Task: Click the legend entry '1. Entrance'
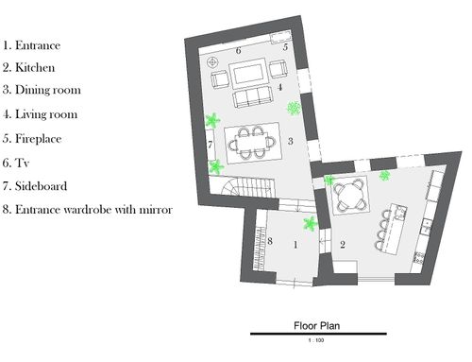coord(31,45)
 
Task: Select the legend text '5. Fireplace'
coord(32,139)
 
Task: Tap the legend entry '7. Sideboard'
coord(35,186)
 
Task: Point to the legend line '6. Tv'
coord(16,163)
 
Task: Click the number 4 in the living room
coord(279,87)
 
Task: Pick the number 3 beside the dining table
coord(291,141)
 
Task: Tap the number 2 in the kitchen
coord(343,245)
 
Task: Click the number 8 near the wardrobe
coord(270,241)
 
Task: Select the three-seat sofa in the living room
coord(252,97)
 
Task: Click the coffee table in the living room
coord(247,74)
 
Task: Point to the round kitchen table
coord(349,196)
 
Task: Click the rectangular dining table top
coord(253,144)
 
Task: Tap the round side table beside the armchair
coord(213,62)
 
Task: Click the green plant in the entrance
coord(310,224)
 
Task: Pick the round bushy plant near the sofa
coord(295,108)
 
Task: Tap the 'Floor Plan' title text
coord(317,325)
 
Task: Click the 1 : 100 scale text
coord(316,340)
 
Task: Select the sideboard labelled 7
coord(211,145)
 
